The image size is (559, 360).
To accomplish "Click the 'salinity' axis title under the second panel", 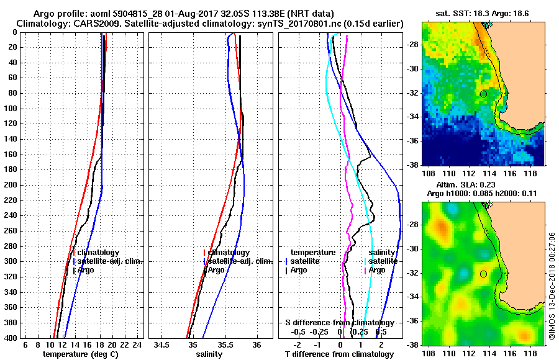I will (x=209, y=354).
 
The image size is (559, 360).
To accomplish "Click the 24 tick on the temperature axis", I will (x=139, y=344).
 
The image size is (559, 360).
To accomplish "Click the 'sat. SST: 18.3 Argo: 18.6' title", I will (x=481, y=12).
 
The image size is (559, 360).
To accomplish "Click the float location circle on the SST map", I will (x=483, y=94).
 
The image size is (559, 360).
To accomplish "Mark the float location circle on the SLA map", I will (x=483, y=274).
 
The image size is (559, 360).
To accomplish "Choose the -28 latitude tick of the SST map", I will (x=411, y=45).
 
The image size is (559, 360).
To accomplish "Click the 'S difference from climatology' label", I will (x=339, y=323).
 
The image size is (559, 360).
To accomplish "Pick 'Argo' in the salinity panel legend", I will (x=216, y=270).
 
